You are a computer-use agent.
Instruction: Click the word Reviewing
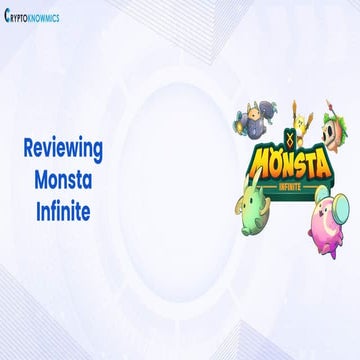click(63, 148)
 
